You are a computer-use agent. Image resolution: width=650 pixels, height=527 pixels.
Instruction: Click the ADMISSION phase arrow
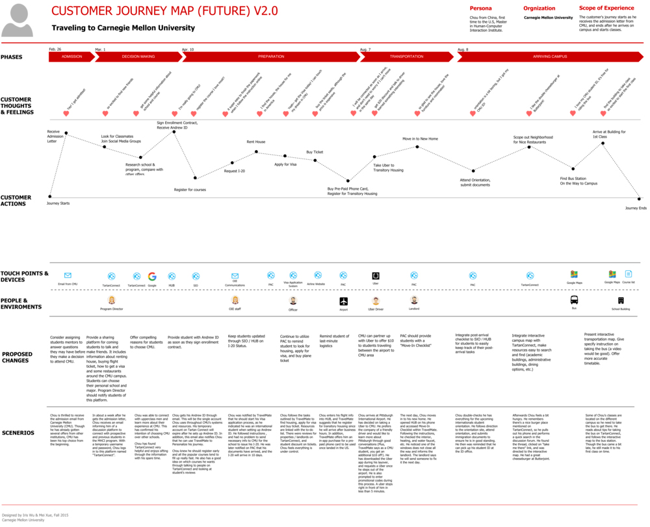[x=71, y=57]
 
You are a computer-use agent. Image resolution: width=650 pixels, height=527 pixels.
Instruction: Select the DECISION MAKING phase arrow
[x=138, y=57]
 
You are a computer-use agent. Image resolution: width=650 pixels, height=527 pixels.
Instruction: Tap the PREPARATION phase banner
[x=270, y=57]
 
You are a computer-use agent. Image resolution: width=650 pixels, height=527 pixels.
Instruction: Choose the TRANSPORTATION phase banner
[x=407, y=57]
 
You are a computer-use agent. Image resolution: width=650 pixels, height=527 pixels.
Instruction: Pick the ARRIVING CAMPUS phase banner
[x=550, y=57]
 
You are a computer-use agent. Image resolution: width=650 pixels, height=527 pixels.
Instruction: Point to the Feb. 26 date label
[x=55, y=49]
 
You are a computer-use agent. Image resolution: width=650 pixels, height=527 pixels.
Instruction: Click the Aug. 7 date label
[x=365, y=49]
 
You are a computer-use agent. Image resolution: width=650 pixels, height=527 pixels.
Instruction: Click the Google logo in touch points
[x=152, y=276]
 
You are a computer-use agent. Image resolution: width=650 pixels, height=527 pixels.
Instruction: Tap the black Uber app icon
[x=375, y=276]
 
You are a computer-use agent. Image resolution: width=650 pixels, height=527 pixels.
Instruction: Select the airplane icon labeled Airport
[x=344, y=301]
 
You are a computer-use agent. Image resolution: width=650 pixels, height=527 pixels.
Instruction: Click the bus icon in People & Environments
[x=575, y=300]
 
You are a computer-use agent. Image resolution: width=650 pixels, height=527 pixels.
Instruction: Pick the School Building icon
[x=621, y=300]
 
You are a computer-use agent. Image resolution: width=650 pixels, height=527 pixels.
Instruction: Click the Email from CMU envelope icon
[x=68, y=276]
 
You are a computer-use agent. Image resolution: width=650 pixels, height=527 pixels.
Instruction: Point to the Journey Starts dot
[x=50, y=196]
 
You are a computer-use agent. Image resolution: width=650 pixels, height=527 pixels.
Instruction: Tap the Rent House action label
[x=255, y=142]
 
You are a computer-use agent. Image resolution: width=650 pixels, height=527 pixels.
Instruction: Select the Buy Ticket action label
[x=315, y=152]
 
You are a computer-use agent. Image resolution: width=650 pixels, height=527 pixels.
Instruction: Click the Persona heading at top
[x=480, y=8]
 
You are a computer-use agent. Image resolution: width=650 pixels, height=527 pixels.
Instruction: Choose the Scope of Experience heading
[x=606, y=8]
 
